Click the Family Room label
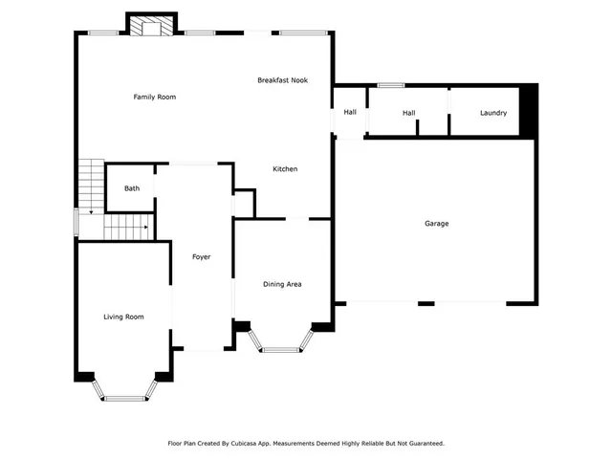coord(154,97)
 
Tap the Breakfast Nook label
coord(282,80)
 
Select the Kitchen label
coord(285,169)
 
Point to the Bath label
coord(131,188)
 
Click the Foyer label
coord(201,257)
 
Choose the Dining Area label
coord(282,284)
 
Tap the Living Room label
coord(123,317)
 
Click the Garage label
coord(436,224)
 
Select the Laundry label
coord(492,114)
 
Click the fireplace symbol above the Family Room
coord(151,27)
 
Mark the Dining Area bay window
coord(281,349)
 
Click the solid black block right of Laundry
coord(528,105)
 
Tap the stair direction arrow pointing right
coord(143,228)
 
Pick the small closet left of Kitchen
coord(245,203)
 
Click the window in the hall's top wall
coord(389,85)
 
